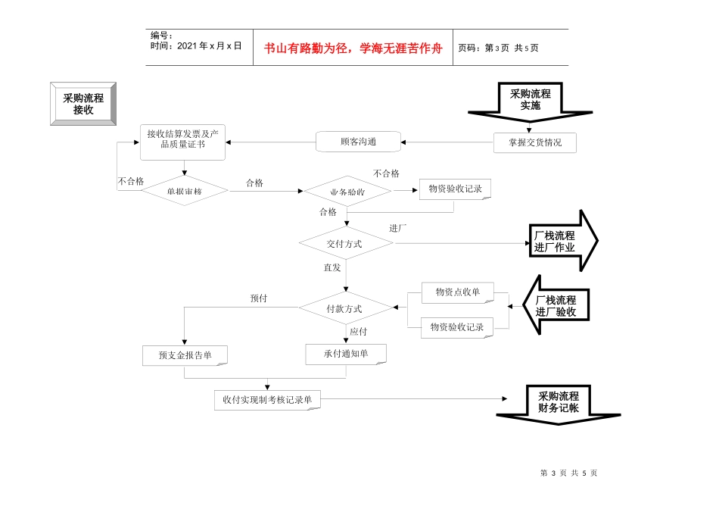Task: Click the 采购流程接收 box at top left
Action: click(83, 104)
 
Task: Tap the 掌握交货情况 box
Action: click(534, 142)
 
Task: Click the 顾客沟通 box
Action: click(358, 142)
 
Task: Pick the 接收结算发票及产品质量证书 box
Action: click(182, 142)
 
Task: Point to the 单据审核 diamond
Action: click(184, 192)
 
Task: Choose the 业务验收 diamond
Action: click(347, 192)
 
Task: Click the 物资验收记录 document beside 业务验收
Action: click(455, 189)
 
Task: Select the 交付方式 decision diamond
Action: click(345, 244)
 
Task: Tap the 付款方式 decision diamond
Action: click(344, 308)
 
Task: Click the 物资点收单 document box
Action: click(457, 292)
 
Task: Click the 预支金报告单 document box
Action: click(185, 355)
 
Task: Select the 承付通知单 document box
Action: click(346, 354)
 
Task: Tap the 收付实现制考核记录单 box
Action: click(266, 399)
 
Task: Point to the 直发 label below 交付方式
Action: click(332, 267)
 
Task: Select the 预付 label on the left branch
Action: click(259, 298)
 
